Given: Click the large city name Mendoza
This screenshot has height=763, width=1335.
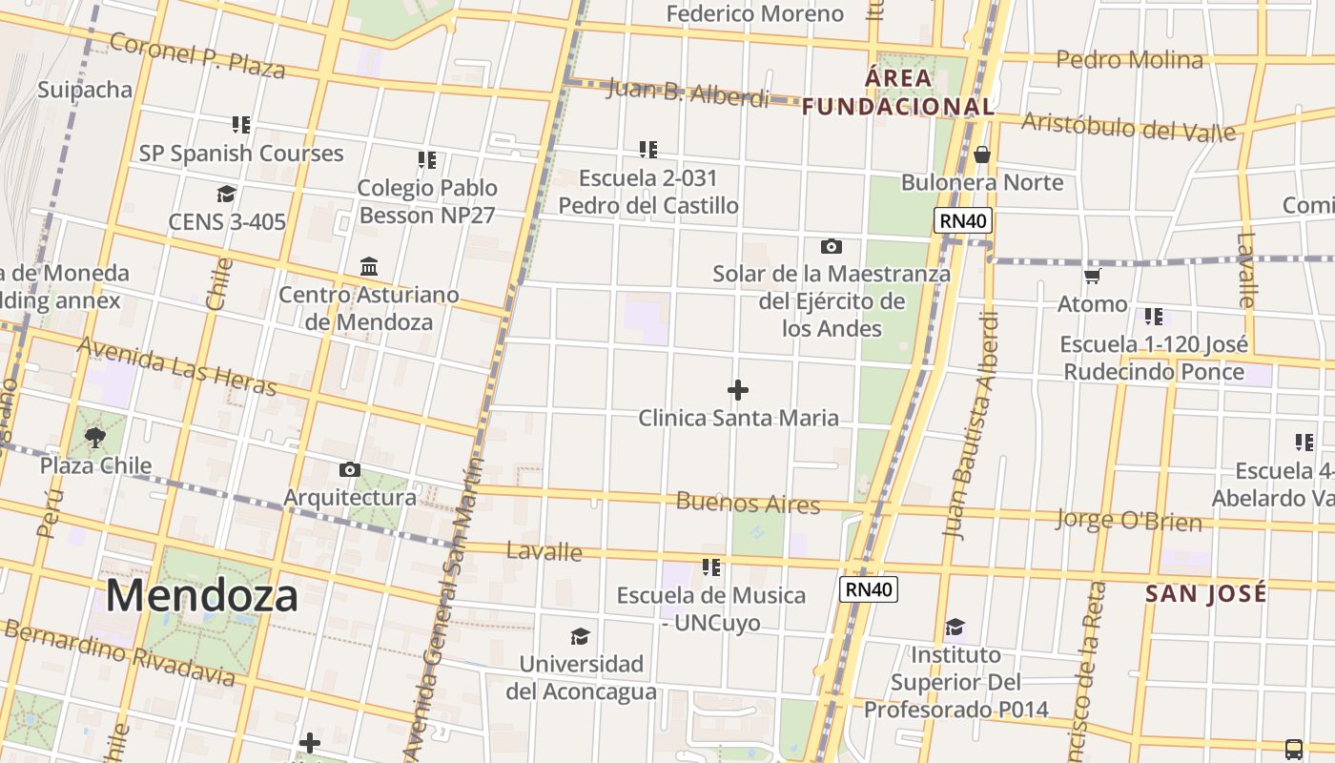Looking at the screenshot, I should [201, 595].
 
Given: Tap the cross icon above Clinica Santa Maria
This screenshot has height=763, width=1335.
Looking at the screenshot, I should [738, 390].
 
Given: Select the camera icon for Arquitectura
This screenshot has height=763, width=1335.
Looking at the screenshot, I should [350, 469].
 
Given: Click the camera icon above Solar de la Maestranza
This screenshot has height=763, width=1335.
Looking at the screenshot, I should [832, 247].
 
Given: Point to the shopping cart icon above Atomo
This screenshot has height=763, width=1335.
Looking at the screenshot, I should [1093, 277].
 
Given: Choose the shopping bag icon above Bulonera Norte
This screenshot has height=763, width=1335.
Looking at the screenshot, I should [982, 155].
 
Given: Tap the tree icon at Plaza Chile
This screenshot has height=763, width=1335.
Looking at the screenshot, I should [95, 438].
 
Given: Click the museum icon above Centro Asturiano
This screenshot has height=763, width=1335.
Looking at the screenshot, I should [369, 266].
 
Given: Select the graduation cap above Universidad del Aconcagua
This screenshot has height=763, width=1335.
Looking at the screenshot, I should [580, 636].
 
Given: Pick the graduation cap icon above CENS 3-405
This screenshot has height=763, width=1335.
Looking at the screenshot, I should [226, 195].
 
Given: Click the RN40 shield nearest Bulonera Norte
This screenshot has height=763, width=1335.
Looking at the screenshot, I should [963, 221].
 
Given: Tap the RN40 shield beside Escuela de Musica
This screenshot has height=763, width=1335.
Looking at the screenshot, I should [868, 589].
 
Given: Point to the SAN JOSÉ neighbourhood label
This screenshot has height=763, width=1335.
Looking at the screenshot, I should [1205, 593].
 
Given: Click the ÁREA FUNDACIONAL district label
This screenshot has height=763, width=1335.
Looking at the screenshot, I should [898, 93].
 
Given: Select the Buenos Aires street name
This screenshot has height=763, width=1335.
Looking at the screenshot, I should [748, 503].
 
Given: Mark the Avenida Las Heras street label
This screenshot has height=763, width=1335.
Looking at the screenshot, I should [176, 366].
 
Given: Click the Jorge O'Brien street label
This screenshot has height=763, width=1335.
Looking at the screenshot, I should [1128, 520].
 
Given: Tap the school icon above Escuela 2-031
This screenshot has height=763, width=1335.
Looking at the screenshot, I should [648, 150].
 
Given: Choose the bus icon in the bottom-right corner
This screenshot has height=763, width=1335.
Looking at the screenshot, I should [1294, 749].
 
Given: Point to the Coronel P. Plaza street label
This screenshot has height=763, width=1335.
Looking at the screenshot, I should [196, 55].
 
